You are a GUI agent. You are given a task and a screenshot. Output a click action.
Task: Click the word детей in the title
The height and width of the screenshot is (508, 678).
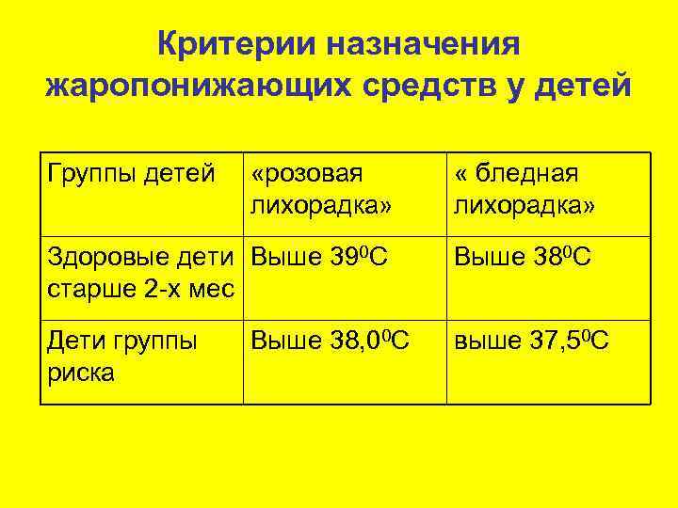click(x=583, y=86)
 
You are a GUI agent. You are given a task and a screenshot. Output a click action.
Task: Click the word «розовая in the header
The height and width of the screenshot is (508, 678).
click(x=307, y=174)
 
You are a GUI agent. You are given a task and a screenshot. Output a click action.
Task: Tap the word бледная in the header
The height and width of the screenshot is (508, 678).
click(x=527, y=174)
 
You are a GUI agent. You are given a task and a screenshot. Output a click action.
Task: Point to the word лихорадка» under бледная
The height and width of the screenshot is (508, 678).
click(x=524, y=204)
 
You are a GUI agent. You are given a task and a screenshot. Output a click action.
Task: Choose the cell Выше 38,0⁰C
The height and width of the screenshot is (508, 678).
click(x=330, y=341)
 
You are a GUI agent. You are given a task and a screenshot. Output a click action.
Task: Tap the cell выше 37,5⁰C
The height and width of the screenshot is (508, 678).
click(x=532, y=341)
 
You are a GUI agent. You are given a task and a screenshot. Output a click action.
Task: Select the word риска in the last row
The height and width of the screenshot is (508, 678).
click(x=81, y=372)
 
